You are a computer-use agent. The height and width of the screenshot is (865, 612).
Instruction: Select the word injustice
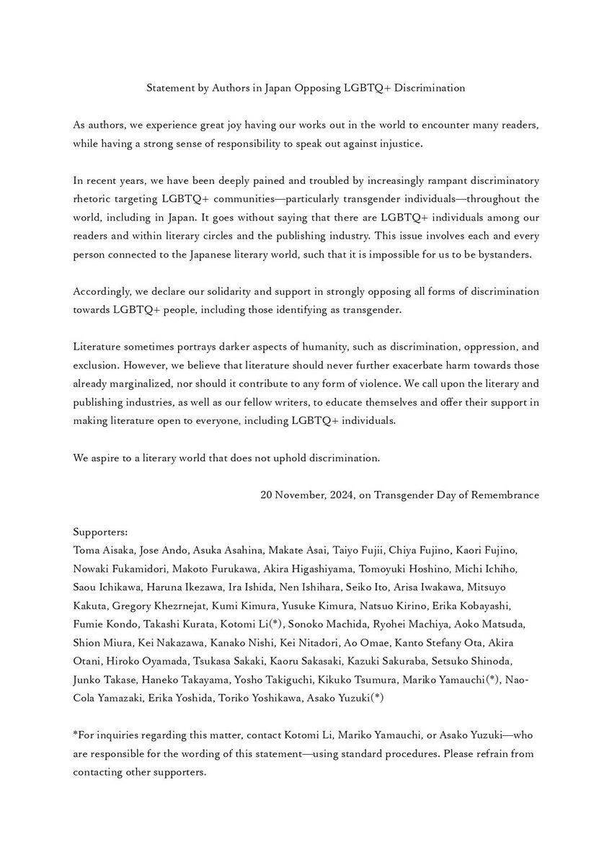pos(399,144)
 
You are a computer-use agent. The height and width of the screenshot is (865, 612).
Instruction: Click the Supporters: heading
pos(100,532)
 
